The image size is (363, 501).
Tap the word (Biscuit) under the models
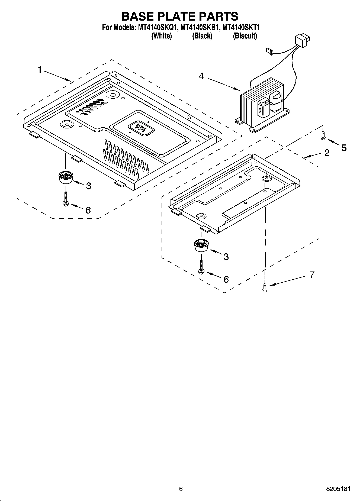click(245, 36)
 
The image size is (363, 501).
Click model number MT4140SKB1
click(199, 27)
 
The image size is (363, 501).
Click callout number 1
click(40, 70)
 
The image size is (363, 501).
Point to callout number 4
click(201, 76)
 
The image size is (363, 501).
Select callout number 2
click(327, 153)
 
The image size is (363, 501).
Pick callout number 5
click(344, 148)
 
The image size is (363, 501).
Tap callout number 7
click(312, 275)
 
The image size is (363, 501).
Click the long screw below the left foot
click(66, 199)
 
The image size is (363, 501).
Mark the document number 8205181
click(338, 489)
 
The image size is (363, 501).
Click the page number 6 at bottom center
click(181, 489)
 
